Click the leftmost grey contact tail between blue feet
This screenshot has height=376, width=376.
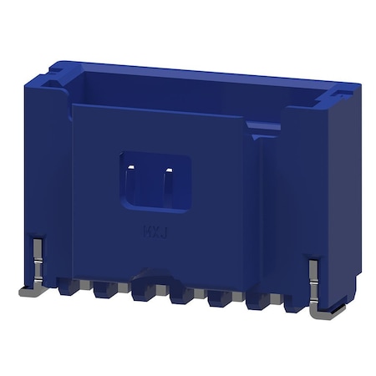click(x=84, y=293)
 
